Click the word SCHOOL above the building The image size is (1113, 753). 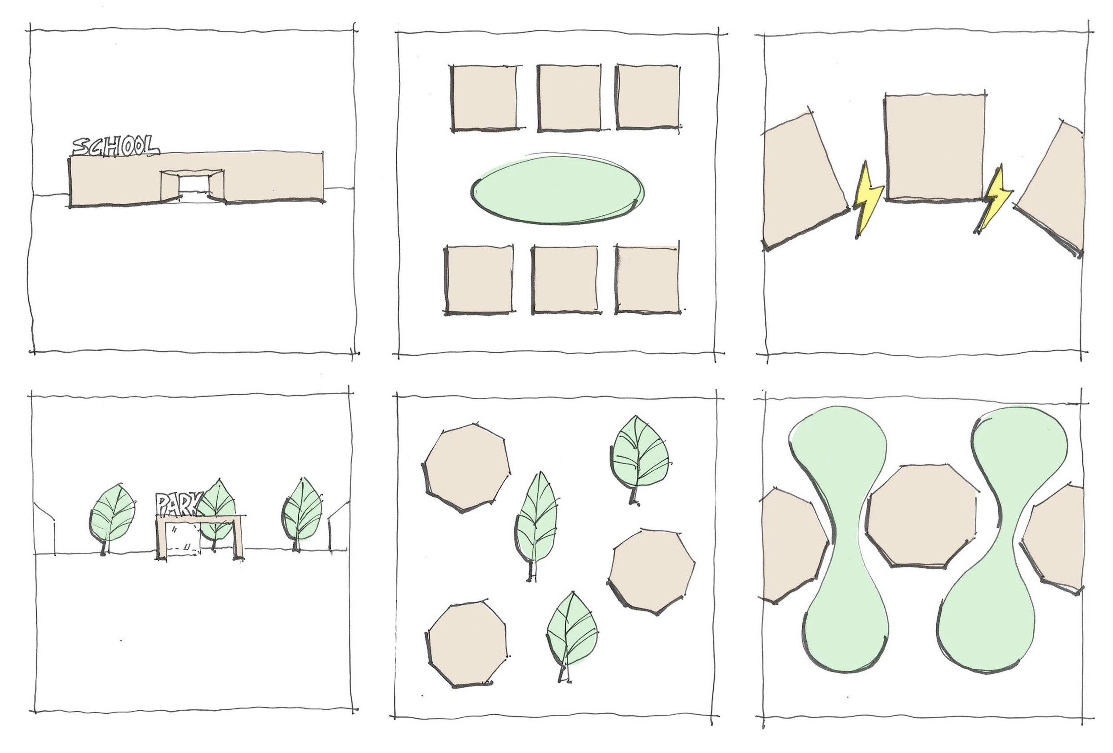coord(115,147)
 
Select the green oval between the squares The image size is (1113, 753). coord(558,190)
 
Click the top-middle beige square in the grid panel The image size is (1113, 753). coord(569,97)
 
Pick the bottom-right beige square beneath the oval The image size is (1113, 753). coord(647,279)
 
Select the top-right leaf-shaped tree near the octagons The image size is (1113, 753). coord(639,459)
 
